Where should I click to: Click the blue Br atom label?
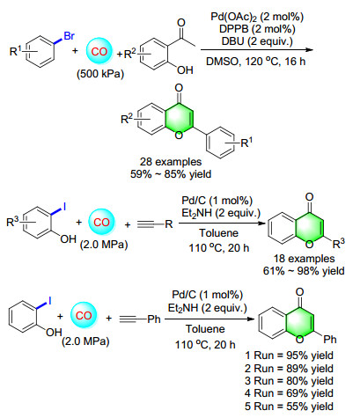pos(70,36)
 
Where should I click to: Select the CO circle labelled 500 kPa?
pos(99,51)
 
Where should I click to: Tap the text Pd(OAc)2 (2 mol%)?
pos(257,17)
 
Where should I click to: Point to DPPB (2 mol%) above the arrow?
pos(257,29)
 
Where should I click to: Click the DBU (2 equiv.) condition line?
pos(257,41)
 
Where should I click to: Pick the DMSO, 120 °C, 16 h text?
pos(256,62)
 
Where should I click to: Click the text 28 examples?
pos(171,162)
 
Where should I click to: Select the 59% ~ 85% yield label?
pos(171,174)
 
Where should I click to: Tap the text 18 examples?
pos(305,259)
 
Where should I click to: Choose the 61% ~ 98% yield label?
pos(304,271)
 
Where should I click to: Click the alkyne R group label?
pos(169,224)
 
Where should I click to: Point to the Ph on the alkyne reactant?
pos(154,319)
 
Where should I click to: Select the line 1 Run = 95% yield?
pos(290,356)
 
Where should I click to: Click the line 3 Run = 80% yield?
pos(290,381)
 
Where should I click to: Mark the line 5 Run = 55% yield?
pos(290,407)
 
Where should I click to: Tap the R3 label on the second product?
pos(339,243)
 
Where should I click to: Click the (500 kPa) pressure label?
pos(100,74)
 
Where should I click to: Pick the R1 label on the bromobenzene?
pos(16,51)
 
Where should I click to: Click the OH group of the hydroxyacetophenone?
pos(185,70)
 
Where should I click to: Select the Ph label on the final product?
pos(330,340)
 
